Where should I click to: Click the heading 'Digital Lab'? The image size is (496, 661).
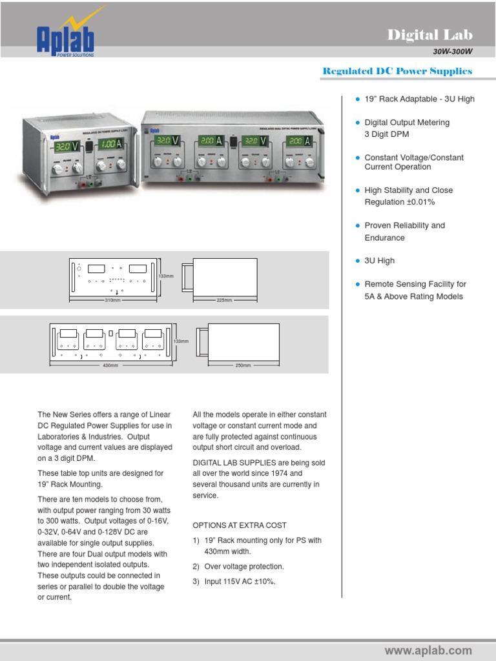point(429,35)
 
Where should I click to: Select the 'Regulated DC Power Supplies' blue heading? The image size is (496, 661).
point(397,71)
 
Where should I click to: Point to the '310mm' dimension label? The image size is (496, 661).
point(113,301)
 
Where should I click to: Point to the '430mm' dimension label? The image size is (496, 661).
point(110,365)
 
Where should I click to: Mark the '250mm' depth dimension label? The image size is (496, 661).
point(242,365)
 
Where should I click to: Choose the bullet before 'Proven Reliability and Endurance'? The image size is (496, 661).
point(357,226)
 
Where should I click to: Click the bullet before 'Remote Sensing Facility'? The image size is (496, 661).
point(357,284)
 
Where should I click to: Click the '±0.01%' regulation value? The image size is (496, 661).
point(420,202)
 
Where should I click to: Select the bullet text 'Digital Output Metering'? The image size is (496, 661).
point(407,123)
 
